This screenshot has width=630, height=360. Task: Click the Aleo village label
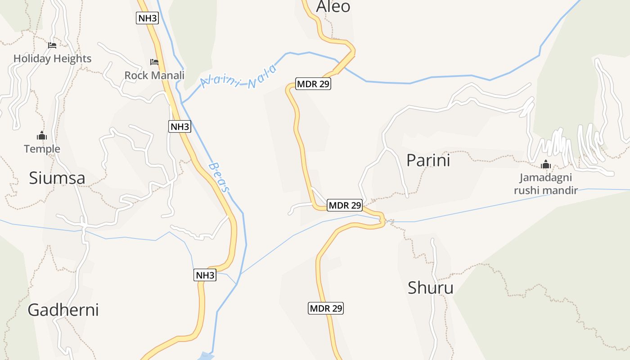coord(333,6)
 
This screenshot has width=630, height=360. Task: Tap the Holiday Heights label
coord(52,58)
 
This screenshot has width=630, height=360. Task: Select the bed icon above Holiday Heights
coord(52,45)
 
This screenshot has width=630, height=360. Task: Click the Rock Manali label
coord(154,75)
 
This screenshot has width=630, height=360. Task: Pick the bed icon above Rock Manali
coord(154,62)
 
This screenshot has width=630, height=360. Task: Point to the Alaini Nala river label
coord(238,77)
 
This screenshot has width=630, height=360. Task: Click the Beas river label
coord(219,178)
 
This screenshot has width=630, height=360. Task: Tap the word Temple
coord(42,149)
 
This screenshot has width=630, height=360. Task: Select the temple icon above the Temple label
coord(42,135)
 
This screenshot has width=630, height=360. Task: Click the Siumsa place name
coord(57,178)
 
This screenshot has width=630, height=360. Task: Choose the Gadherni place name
coord(63,310)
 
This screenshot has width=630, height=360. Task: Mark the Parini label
coord(428,161)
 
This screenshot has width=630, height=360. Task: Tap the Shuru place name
coord(430,288)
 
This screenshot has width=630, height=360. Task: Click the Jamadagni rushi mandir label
coord(546,184)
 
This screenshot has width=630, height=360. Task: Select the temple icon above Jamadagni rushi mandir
coord(546,165)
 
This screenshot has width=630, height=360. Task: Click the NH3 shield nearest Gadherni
coord(205,275)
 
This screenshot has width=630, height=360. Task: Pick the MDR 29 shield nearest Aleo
coord(313,84)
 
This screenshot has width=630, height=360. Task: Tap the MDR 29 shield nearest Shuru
coord(326,308)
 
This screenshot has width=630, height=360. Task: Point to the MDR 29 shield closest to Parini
coord(345,205)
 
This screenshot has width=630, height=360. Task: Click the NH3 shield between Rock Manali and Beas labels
coord(180,126)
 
